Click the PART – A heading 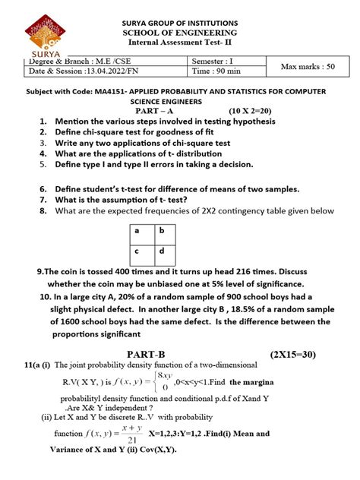157,110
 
